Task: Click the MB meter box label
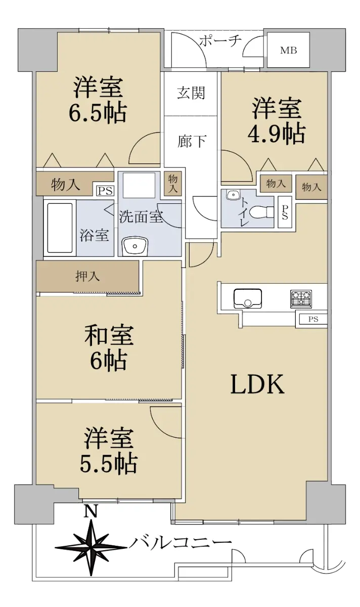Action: pyautogui.click(x=288, y=50)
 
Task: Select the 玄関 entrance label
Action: pyautogui.click(x=191, y=93)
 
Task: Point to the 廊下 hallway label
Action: pyautogui.click(x=191, y=141)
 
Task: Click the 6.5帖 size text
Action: pyautogui.click(x=98, y=112)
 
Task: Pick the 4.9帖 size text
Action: pyautogui.click(x=276, y=134)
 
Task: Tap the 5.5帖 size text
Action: pyautogui.click(x=108, y=464)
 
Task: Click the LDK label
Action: pyautogui.click(x=257, y=384)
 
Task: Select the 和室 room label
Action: pyautogui.click(x=109, y=335)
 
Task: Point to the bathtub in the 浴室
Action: pyautogui.click(x=60, y=228)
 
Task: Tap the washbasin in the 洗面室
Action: pyautogui.click(x=135, y=246)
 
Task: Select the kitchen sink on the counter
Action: pyautogui.click(x=248, y=298)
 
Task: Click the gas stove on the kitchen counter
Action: pyautogui.click(x=301, y=299)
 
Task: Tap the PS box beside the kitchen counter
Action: pyautogui.click(x=313, y=319)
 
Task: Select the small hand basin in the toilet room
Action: pyautogui.click(x=232, y=195)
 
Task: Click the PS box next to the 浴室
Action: pyautogui.click(x=105, y=191)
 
